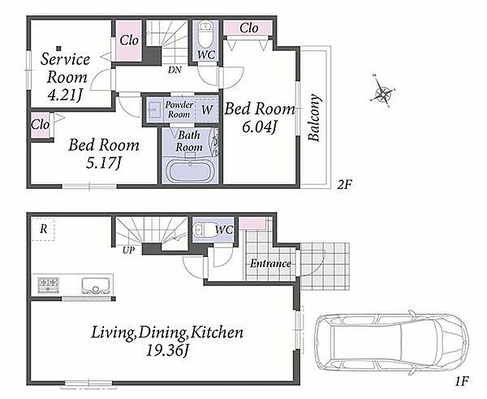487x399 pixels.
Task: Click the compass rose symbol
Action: coord(382,92)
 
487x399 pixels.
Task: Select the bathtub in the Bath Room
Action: coord(190,171)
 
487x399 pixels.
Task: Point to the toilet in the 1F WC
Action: coord(202,230)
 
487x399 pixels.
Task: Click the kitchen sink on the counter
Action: coord(95,285)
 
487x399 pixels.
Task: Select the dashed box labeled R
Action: coord(43,229)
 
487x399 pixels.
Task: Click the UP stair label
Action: coord(127,250)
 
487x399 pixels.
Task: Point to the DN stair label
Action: coord(175,70)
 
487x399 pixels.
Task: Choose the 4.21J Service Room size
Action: coord(65,95)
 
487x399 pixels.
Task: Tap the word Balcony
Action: coord(315,117)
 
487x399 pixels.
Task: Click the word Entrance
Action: coord(271,263)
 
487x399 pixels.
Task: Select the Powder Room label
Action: coord(179,109)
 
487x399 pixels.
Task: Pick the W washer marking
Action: coord(207,110)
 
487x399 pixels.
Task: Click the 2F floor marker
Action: coord(344,185)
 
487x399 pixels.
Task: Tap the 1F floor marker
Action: coord(462,381)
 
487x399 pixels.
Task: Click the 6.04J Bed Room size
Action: coord(259,127)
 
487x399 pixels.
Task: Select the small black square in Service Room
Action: coord(58,48)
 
